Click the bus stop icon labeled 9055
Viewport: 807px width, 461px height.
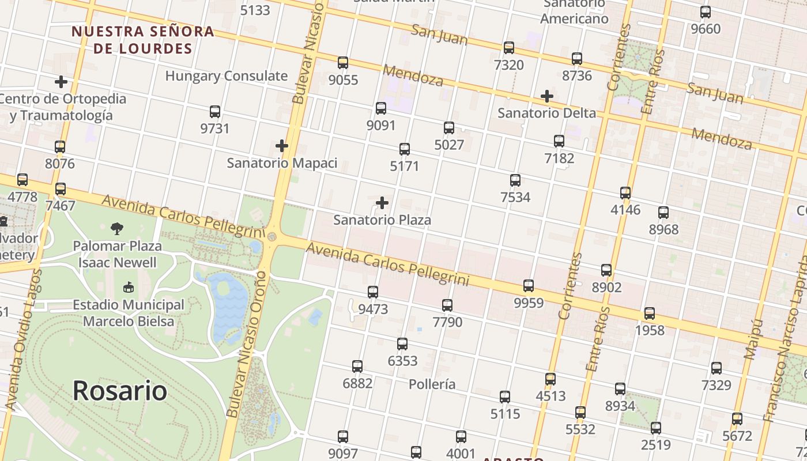[343, 63]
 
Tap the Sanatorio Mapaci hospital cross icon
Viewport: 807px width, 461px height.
[281, 146]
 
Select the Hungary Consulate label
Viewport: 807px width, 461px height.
[226, 76]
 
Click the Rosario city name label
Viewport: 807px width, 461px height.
[120, 391]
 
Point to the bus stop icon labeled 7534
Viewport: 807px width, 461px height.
[515, 180]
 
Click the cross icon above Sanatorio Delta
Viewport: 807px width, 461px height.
[546, 96]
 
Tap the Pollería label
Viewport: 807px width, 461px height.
[432, 384]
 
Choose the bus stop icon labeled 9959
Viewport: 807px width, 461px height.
[529, 285]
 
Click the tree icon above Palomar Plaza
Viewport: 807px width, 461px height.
[117, 229]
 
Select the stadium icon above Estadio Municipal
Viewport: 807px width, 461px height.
[128, 287]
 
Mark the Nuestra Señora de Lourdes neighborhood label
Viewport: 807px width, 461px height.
[142, 40]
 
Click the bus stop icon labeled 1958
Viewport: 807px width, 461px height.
[650, 313]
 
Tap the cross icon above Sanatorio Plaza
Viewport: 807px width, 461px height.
[382, 203]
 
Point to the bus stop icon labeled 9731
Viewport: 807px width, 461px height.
[215, 112]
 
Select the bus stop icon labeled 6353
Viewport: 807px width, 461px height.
[402, 344]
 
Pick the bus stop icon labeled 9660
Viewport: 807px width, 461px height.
[706, 12]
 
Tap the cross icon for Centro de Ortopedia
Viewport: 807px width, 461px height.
[61, 82]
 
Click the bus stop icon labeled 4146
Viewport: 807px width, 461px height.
[625, 193]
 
